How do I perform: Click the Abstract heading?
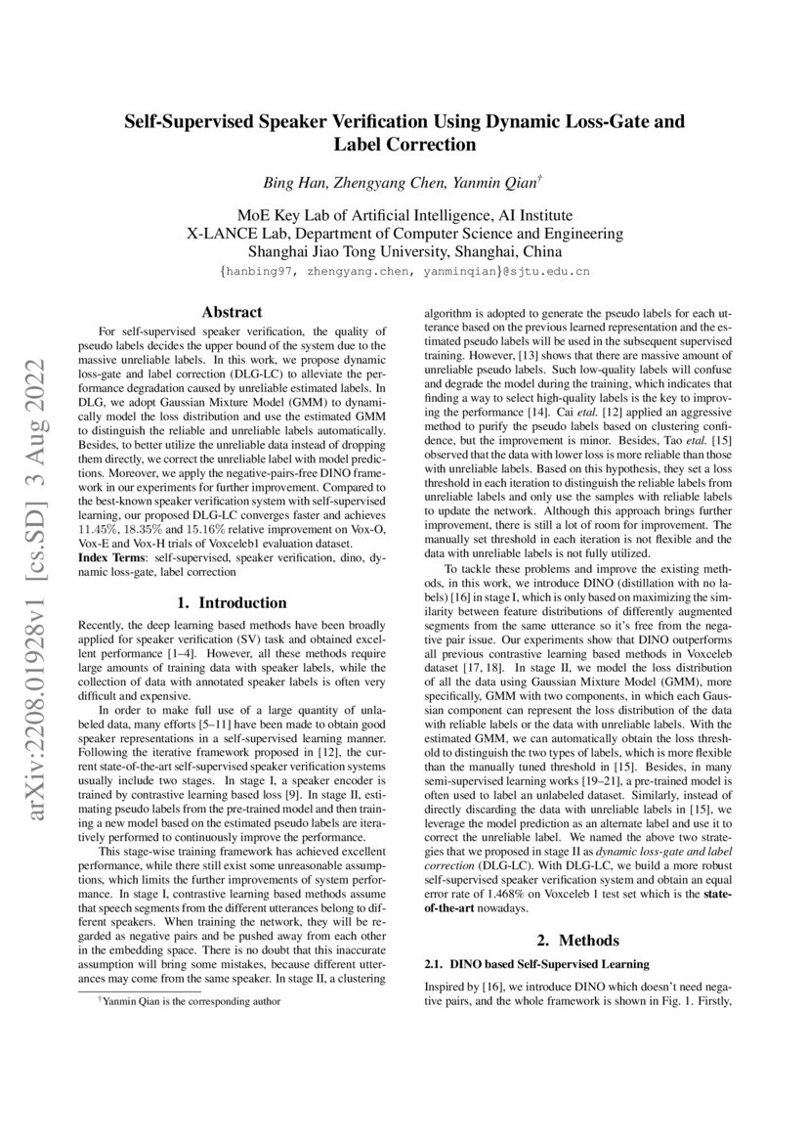231,313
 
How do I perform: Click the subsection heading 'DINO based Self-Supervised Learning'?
532,964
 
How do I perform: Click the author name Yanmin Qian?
488,183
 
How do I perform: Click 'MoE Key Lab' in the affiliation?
281,214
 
